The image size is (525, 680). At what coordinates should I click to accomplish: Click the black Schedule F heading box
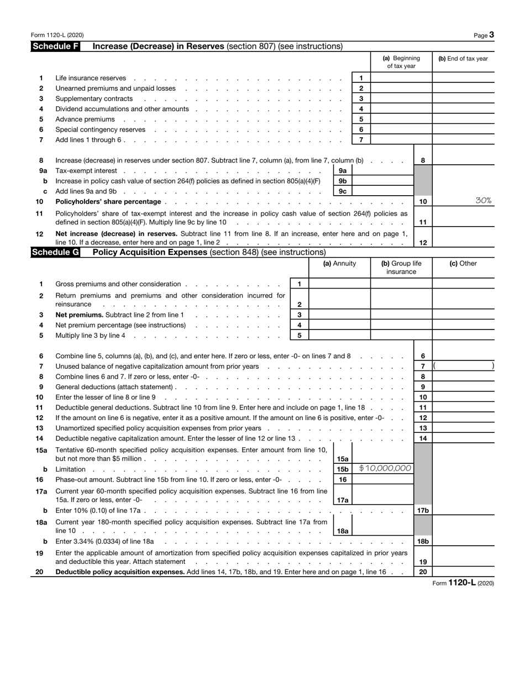pos(55,46)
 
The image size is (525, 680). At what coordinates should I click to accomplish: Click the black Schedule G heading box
pos(55,253)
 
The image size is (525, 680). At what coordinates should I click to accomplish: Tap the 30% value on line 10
pos(483,201)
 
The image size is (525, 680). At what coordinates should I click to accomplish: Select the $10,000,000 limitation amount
pos(385,468)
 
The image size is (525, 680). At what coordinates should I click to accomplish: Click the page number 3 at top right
pos(491,35)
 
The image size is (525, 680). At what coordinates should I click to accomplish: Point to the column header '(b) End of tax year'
pos(463,59)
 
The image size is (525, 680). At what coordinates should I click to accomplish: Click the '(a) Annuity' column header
pos(339,264)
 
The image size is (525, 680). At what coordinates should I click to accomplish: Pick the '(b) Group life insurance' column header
pos(401,268)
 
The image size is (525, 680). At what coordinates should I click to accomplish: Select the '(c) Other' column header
pos(463,264)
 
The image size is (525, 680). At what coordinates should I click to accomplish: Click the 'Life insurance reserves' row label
pos(91,78)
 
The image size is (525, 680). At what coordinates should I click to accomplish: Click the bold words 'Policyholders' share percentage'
pos(108,202)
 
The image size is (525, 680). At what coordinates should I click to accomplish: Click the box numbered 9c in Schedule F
pos(342,191)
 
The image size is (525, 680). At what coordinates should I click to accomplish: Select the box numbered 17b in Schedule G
pos(422,510)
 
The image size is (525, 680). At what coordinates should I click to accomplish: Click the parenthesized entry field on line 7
pos(463,366)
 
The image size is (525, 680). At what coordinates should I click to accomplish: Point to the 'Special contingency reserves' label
pos(101,129)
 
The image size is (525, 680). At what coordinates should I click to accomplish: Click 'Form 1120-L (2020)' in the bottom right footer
pos(463,583)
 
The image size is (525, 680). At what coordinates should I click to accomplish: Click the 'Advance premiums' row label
pos(85,119)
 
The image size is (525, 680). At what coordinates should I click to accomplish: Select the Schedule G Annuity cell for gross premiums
pos(339,284)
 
